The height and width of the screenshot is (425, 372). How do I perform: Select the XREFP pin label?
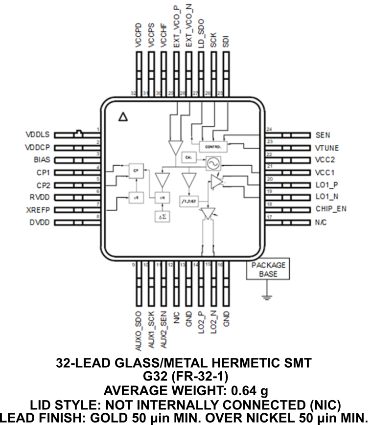(38, 210)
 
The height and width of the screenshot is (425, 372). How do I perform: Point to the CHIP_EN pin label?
(331, 210)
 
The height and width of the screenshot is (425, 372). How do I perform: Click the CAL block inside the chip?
(188, 157)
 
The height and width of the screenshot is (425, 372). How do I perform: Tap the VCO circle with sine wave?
(213, 163)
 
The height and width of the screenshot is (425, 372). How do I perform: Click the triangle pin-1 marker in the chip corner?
(123, 117)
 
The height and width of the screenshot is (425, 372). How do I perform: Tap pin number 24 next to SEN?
(269, 129)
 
